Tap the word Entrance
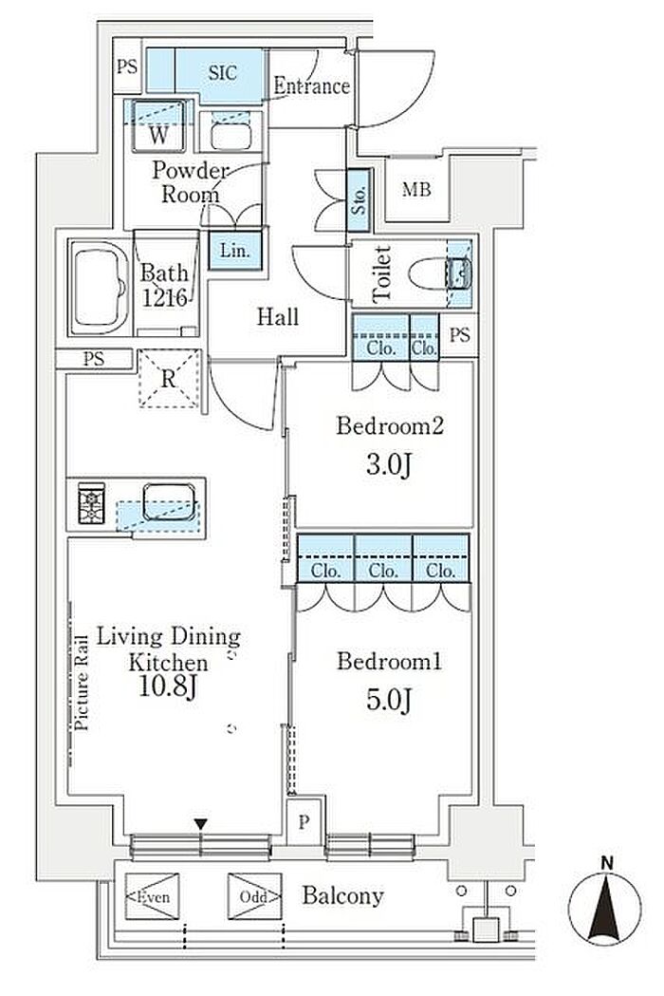tap(311, 86)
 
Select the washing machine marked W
tap(158, 126)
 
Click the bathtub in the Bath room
tap(99, 287)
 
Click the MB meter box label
tap(416, 189)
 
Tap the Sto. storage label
tap(360, 200)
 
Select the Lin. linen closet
tap(235, 250)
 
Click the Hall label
tap(277, 316)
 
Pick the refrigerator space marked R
tap(169, 379)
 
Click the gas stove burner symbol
tap(91, 503)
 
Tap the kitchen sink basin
tap(169, 502)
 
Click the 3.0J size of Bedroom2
tap(389, 465)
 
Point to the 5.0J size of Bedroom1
tap(389, 700)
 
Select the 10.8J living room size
tap(169, 686)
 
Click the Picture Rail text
tap(82, 683)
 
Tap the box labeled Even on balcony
tap(153, 896)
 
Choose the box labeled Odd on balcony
tap(254, 896)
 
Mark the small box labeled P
tap(304, 822)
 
